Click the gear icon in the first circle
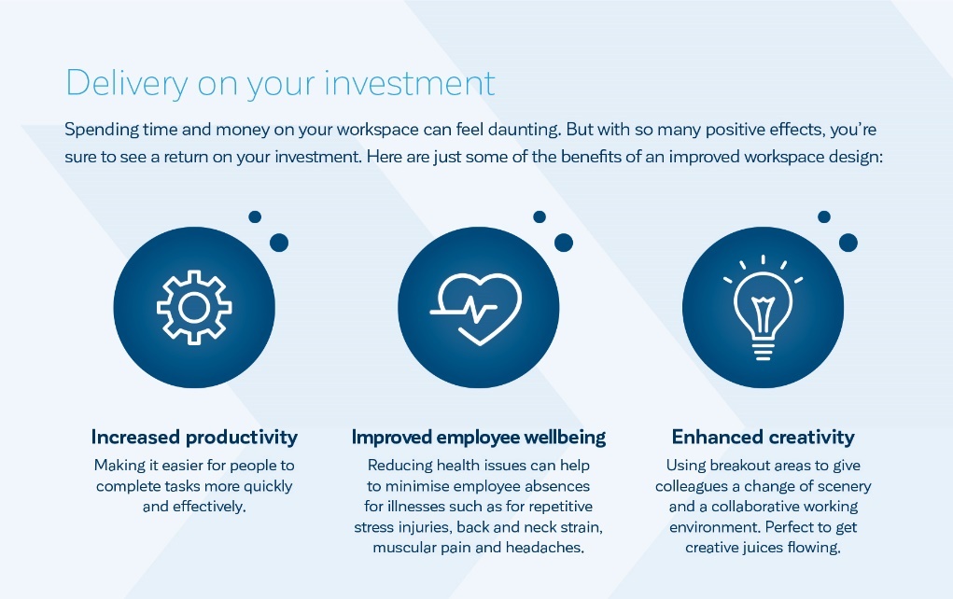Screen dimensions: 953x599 point(194,307)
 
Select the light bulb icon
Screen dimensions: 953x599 point(763,307)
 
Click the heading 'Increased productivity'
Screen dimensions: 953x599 point(194,437)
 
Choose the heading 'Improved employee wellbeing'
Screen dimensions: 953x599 point(478,437)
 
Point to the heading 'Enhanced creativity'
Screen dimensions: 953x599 point(763,437)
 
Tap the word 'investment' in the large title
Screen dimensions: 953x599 point(410,82)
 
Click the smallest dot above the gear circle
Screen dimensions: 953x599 point(255,216)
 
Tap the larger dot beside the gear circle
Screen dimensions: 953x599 point(279,243)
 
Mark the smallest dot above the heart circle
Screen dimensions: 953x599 point(540,216)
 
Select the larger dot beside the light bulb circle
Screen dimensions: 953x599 point(848,243)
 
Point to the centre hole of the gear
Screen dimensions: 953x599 point(194,307)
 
